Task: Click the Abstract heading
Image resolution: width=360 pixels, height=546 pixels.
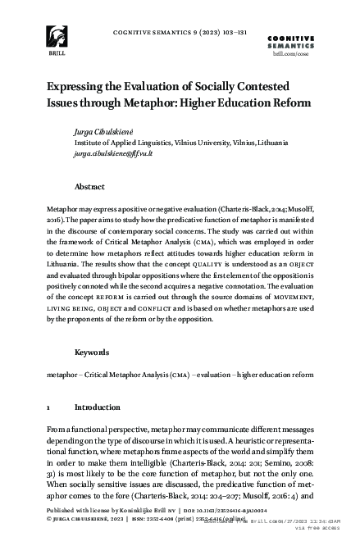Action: (x=89, y=187)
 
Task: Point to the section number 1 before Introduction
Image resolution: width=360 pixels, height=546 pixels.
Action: (x=50, y=407)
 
